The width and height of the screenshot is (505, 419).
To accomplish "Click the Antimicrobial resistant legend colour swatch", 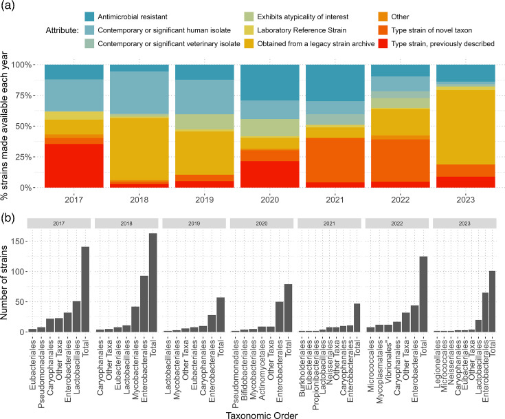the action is [x=89, y=17].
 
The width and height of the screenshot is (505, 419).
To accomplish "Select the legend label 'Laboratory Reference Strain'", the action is [x=302, y=30].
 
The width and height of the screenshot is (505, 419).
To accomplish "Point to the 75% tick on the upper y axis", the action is [x=24, y=96].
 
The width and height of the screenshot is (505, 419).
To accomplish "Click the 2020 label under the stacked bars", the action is [x=269, y=200].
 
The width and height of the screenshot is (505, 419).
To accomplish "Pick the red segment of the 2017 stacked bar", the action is [x=74, y=166].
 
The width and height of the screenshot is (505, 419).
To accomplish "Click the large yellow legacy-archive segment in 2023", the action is [x=465, y=127].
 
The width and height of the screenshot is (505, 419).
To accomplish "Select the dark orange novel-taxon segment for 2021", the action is [x=335, y=160].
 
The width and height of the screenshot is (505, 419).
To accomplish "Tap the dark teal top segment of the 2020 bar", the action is [x=269, y=83].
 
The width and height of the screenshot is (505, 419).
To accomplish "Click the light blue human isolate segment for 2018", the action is [x=139, y=93].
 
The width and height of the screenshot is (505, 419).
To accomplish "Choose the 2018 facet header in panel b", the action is [x=126, y=223].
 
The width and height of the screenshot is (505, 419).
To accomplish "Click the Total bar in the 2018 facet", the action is [x=153, y=283].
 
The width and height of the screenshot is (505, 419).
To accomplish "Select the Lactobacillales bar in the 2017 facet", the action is [x=77, y=316].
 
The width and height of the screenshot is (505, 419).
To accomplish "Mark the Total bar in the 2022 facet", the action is [x=423, y=294].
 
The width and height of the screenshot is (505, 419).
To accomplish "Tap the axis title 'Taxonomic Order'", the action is [x=262, y=415].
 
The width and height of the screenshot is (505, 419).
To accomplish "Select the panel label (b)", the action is [x=8, y=218].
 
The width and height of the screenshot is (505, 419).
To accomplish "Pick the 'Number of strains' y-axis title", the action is [x=4, y=283].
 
